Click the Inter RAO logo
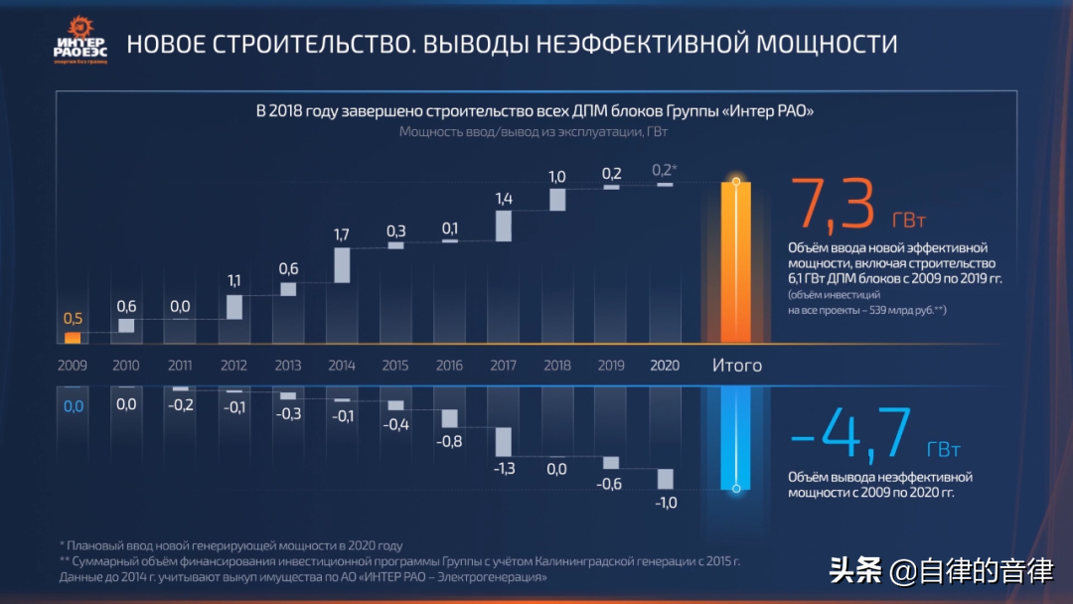(x=79, y=40)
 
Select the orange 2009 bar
(x=73, y=338)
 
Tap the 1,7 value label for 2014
(x=342, y=235)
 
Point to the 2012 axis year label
(x=234, y=366)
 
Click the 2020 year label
(x=665, y=366)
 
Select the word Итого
(x=737, y=366)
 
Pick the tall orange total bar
(x=736, y=263)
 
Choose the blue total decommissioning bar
(x=736, y=437)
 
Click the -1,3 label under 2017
(x=504, y=469)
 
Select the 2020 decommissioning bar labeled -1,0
(x=665, y=479)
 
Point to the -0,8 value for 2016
(x=449, y=441)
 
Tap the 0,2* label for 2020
(x=664, y=169)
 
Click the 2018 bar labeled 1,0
(x=557, y=199)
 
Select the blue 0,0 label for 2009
(x=74, y=405)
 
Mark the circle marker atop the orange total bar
(x=736, y=182)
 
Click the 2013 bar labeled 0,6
(x=288, y=289)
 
